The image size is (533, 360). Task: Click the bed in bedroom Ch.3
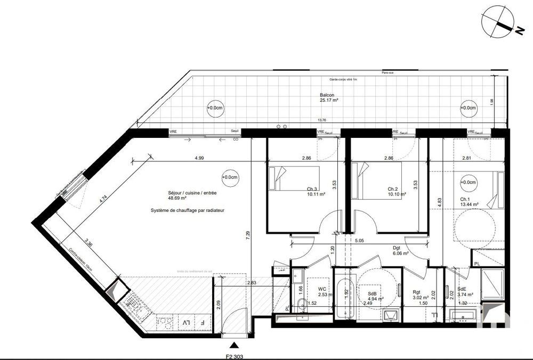(x=293, y=181)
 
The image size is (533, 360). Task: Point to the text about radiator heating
(x=188, y=210)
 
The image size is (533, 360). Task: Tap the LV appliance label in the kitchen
(x=186, y=323)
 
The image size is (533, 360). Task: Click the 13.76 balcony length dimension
(x=322, y=120)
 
